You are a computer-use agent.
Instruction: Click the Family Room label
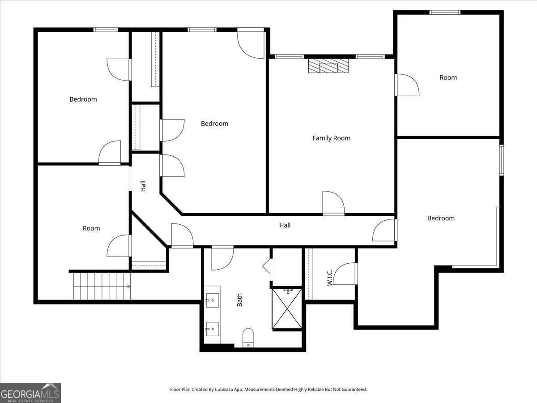pyautogui.click(x=331, y=138)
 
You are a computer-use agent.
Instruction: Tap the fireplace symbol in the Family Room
pyautogui.click(x=328, y=66)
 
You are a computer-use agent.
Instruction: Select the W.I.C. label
pyautogui.click(x=329, y=277)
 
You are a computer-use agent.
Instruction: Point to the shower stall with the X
pyautogui.click(x=287, y=309)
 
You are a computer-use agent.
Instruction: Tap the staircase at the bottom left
pyautogui.click(x=102, y=286)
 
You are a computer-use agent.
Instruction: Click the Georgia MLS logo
pyautogui.click(x=30, y=393)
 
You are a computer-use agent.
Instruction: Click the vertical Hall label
pyautogui.click(x=143, y=186)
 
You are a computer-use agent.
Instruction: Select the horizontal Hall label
pyautogui.click(x=285, y=225)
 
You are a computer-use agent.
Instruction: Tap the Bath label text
pyautogui.click(x=239, y=300)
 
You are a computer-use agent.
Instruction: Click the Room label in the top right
pyautogui.click(x=448, y=77)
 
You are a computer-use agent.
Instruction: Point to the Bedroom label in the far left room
pyautogui.click(x=83, y=99)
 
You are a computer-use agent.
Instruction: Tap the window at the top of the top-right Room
pyautogui.click(x=445, y=12)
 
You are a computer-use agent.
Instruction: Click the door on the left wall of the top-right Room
pyautogui.click(x=405, y=85)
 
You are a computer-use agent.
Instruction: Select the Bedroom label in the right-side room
pyautogui.click(x=441, y=218)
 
